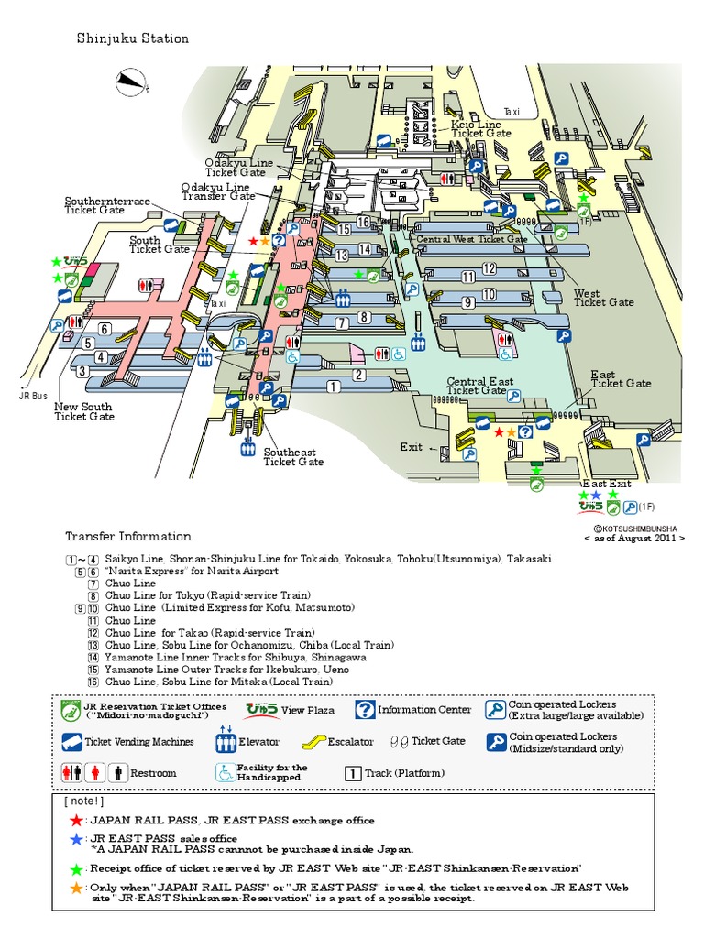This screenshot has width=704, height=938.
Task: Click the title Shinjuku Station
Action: tap(133, 38)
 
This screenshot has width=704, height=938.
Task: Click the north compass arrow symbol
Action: tap(131, 82)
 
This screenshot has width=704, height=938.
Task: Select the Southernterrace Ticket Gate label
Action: tap(107, 205)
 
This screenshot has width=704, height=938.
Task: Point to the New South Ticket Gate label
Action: tap(84, 411)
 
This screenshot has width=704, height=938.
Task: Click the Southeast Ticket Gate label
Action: tap(293, 457)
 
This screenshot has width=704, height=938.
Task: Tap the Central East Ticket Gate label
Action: tap(479, 386)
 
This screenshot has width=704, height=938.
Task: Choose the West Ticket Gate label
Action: tap(603, 298)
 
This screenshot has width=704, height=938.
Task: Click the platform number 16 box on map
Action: tap(364, 222)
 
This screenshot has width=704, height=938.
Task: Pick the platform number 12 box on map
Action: tap(489, 268)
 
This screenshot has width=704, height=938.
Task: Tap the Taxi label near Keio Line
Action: tap(511, 112)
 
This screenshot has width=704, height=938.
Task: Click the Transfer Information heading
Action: tap(127, 537)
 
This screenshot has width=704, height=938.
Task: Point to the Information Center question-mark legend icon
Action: tap(366, 710)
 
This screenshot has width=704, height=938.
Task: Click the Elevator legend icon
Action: tap(225, 741)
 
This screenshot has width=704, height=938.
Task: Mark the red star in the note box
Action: tap(77, 820)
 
